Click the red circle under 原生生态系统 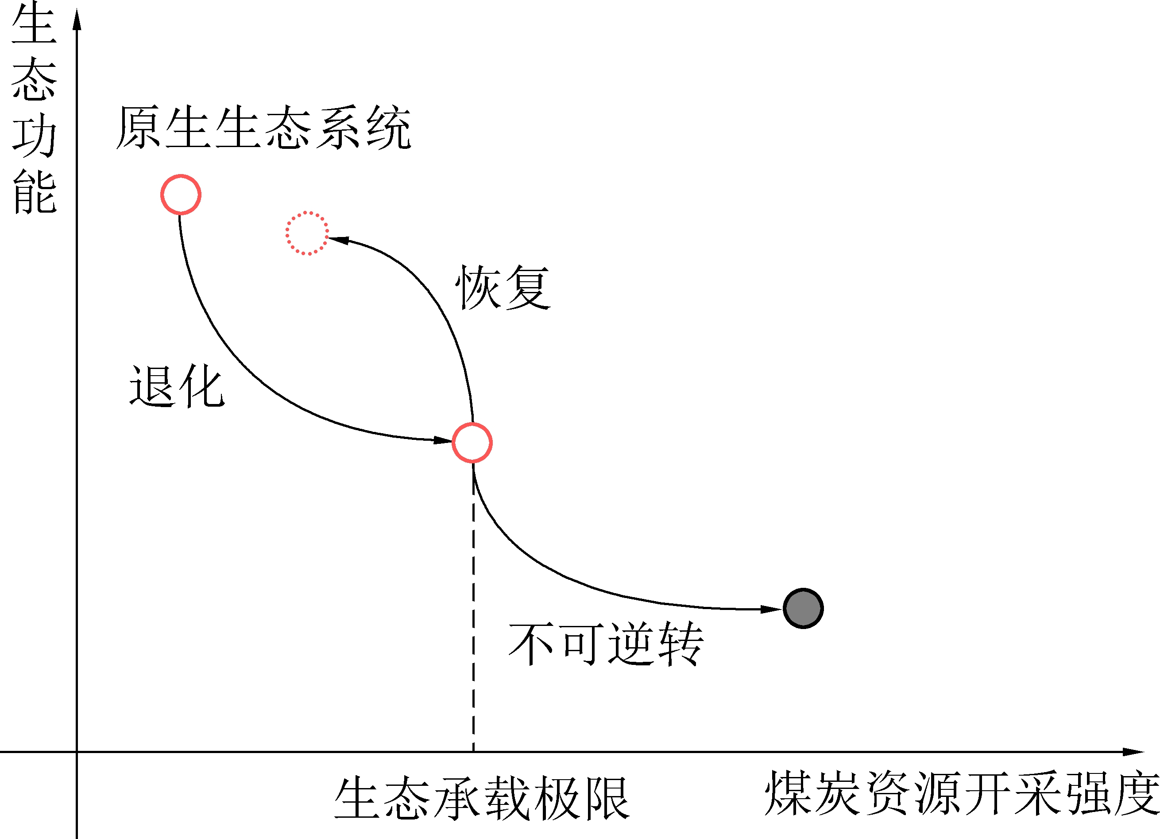(181, 194)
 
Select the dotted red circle (307, 233)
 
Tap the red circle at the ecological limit (472, 443)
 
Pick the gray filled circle (803, 608)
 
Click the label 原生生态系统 (263, 128)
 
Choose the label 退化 (177, 386)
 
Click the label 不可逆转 (606, 644)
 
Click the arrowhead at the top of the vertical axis (77, 19)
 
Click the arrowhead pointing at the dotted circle (339, 239)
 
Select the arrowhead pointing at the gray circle (770, 609)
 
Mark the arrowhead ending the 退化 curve (442, 440)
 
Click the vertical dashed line (473, 614)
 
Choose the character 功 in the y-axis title (34, 135)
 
